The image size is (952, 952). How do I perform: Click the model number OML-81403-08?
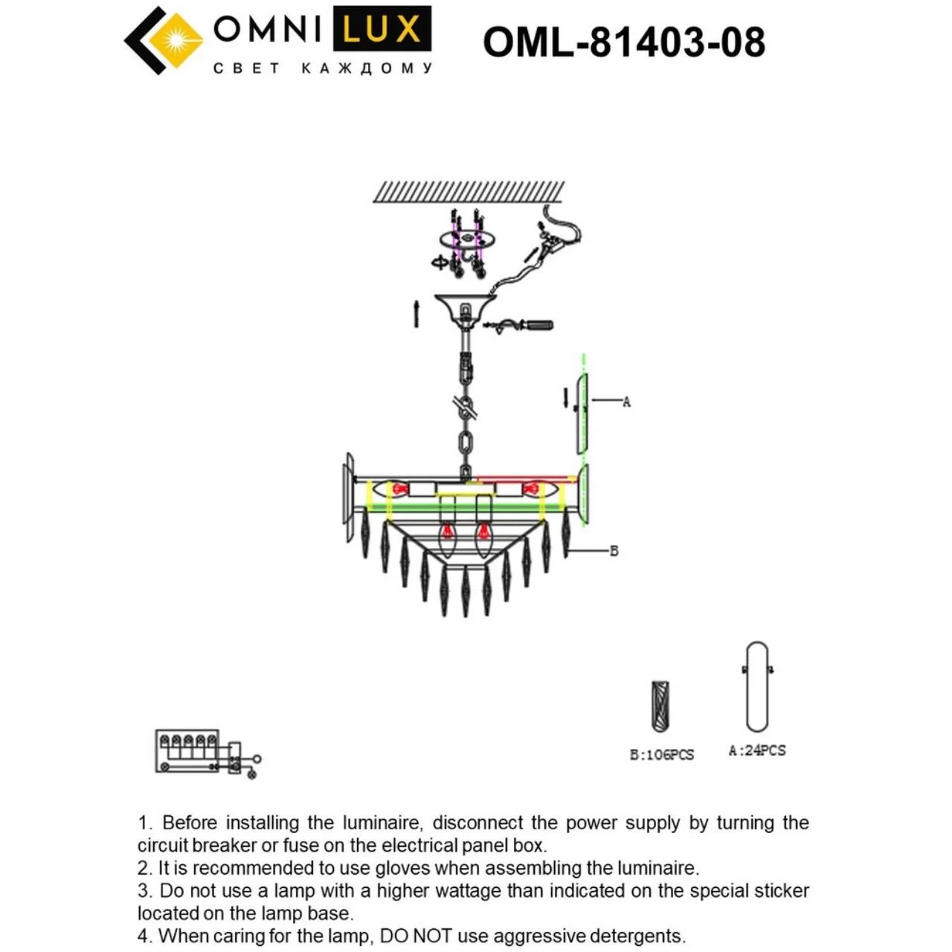tap(623, 42)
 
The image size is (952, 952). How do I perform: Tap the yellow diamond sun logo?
tap(176, 39)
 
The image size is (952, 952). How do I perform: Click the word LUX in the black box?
tap(382, 29)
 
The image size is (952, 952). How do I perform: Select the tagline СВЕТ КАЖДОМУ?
tap(323, 68)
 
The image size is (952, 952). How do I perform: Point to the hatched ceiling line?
tap(469, 192)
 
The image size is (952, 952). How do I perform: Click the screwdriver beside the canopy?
tap(518, 325)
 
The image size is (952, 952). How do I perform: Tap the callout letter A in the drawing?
tap(626, 402)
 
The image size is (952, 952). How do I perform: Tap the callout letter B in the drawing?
tap(614, 550)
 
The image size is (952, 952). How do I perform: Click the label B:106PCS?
tap(661, 755)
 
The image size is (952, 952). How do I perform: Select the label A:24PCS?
tap(757, 750)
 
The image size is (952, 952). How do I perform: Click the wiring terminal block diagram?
tap(208, 753)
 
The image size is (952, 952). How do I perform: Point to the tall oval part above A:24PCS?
tap(756, 686)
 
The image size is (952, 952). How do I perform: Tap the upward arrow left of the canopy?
tap(416, 314)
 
